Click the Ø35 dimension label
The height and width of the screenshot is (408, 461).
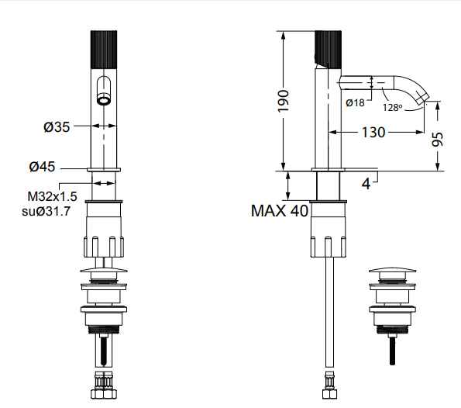[57, 127]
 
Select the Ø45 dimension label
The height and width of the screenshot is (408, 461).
[42, 167]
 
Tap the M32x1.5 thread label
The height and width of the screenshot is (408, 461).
[53, 196]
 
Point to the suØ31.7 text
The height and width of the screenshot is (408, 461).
[46, 211]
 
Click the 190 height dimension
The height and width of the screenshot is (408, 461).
[283, 101]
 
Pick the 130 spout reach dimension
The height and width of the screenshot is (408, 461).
[373, 132]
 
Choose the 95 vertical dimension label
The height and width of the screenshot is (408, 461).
[438, 140]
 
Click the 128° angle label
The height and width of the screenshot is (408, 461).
[392, 108]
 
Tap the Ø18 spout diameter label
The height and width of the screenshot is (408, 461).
[355, 102]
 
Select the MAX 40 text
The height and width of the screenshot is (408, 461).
[280, 211]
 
